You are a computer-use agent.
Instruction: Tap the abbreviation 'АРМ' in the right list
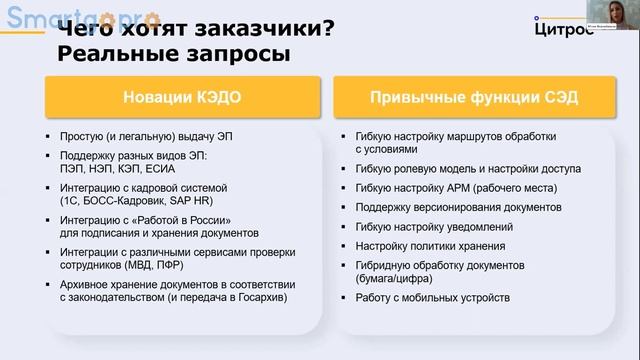click(x=454, y=187)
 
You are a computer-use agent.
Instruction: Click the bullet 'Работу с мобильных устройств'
click(x=431, y=298)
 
